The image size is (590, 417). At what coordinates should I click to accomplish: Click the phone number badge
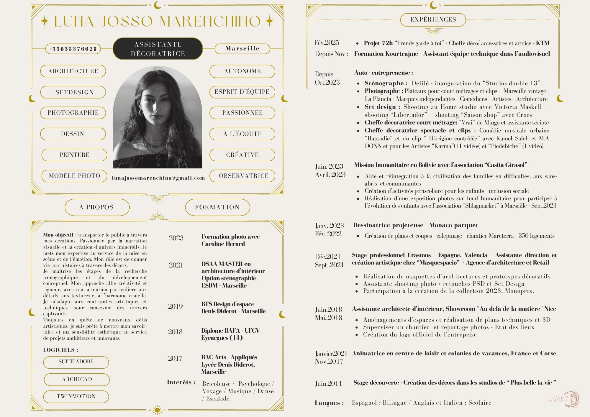[73, 49]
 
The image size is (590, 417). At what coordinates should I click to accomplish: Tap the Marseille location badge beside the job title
[242, 49]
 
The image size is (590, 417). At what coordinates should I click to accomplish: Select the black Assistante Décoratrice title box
[158, 49]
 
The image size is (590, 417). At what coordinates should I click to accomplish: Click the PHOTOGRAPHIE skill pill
[73, 113]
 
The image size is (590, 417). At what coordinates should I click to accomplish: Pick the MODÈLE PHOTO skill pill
[74, 176]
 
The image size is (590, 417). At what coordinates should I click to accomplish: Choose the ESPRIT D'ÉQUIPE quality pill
[242, 92]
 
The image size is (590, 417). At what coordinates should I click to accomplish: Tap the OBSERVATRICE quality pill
[243, 176]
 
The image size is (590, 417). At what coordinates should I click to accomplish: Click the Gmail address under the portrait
[158, 178]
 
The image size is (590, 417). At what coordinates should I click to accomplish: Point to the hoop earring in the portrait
[141, 112]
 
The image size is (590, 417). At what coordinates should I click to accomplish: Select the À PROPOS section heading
[97, 207]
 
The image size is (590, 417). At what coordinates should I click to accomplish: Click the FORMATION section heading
[217, 207]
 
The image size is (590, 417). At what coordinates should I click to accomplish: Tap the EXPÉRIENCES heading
[433, 20]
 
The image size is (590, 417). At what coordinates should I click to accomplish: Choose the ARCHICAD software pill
[77, 379]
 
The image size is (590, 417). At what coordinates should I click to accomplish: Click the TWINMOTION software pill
[76, 396]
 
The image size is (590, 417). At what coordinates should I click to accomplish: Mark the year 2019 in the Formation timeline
[176, 306]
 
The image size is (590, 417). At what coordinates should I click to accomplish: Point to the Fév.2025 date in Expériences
[327, 43]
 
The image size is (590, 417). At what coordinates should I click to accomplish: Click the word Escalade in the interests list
[218, 399]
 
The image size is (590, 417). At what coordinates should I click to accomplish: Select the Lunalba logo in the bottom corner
[563, 399]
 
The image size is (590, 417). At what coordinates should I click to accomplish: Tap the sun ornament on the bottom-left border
[157, 410]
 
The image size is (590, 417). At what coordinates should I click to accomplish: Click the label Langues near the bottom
[329, 403]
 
